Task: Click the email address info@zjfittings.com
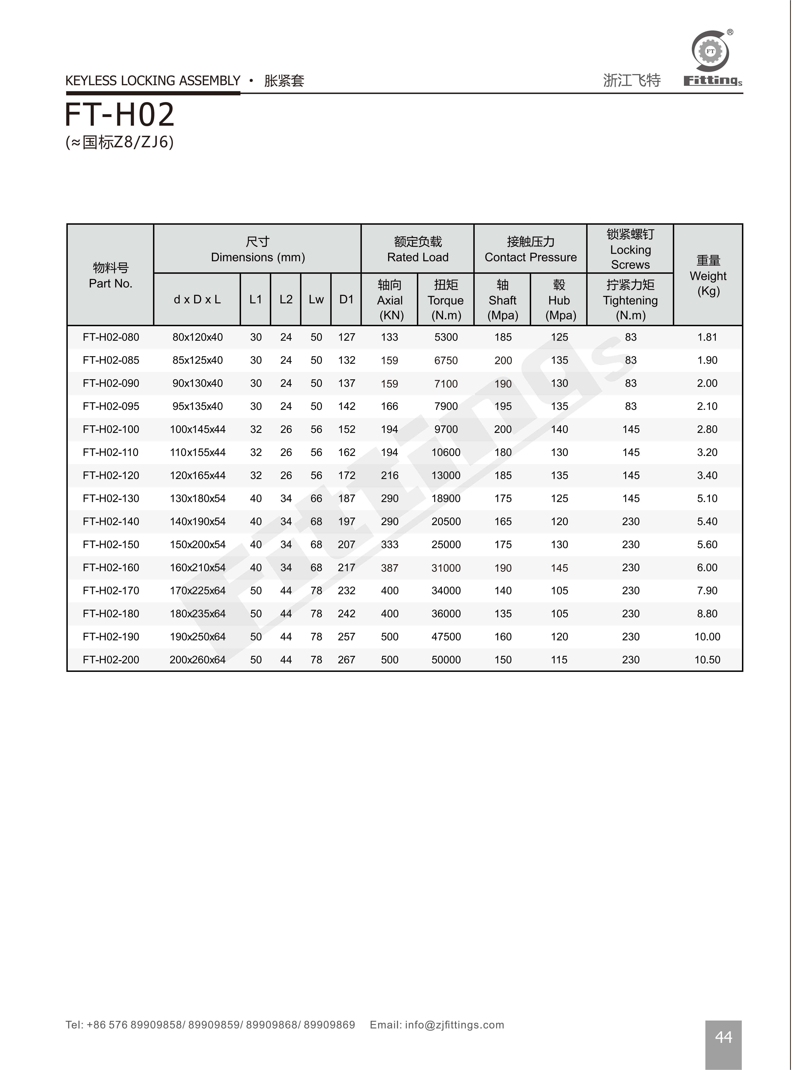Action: [454, 1025]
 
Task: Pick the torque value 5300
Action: [446, 337]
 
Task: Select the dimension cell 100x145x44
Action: [198, 429]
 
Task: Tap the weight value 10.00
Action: [707, 636]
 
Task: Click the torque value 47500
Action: [446, 636]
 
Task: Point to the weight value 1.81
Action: [707, 337]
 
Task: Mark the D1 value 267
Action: [346, 660]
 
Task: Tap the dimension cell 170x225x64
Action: [198, 591]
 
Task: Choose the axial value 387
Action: [389, 568]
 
